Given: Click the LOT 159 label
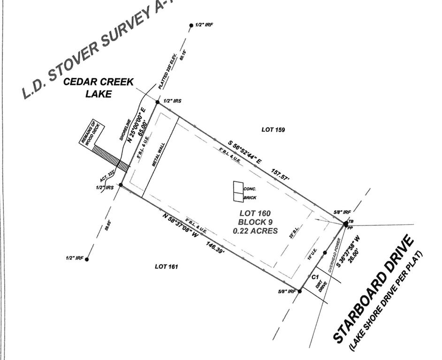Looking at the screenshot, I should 273,129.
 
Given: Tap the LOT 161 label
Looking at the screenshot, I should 167,266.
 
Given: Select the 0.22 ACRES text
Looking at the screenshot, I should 255,231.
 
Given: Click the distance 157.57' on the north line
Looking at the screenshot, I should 280,176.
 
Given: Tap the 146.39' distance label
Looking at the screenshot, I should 214,248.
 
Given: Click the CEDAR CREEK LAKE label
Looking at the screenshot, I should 99,88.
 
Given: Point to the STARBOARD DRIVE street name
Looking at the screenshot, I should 373,289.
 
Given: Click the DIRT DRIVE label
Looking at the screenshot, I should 320,285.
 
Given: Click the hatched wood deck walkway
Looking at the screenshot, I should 111,157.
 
